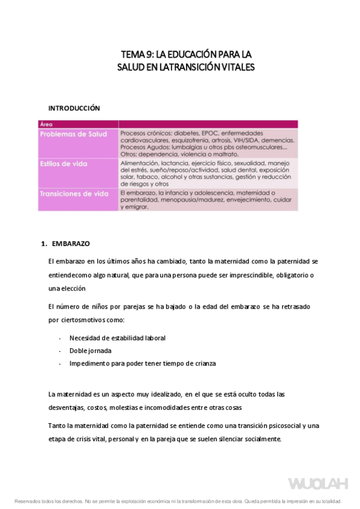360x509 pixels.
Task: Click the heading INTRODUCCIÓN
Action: (x=74, y=108)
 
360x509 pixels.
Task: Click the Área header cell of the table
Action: (x=46, y=124)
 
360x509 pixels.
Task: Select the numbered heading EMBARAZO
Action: (x=70, y=244)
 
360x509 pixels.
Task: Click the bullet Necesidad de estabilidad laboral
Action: (x=118, y=338)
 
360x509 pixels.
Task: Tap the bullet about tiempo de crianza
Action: (x=143, y=363)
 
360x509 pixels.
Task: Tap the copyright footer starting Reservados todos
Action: (x=178, y=501)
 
